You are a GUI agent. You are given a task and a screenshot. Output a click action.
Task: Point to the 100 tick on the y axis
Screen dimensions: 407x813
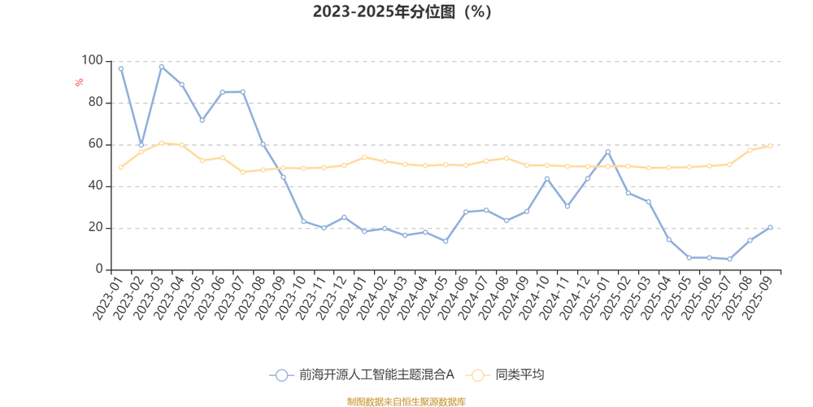tap(91, 59)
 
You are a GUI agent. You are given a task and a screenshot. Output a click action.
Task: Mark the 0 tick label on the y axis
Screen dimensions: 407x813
tap(98, 269)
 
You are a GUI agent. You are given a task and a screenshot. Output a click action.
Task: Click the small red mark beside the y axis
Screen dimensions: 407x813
tap(79, 81)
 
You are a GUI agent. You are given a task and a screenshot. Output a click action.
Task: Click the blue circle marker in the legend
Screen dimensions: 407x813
tap(282, 375)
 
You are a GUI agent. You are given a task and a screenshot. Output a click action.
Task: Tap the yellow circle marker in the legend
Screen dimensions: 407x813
tap(478, 375)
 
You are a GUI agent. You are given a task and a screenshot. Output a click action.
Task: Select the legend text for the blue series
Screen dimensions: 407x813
tap(376, 375)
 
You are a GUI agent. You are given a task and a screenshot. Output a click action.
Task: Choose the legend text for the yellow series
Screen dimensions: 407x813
tap(520, 375)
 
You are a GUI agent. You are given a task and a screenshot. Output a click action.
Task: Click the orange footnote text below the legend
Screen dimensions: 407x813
tap(406, 400)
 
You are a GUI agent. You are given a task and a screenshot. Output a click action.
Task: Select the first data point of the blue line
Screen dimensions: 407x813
tap(121, 68)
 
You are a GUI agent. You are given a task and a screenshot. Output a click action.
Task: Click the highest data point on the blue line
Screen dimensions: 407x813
tap(162, 67)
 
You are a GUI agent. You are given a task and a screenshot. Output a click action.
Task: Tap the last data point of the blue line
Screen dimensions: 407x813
tap(770, 227)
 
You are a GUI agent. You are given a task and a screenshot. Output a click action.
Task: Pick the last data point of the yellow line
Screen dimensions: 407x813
tap(770, 145)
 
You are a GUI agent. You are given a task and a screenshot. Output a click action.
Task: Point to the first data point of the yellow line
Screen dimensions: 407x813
tap(121, 168)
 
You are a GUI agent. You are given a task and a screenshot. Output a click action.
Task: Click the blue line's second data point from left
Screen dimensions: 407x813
tap(141, 146)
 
